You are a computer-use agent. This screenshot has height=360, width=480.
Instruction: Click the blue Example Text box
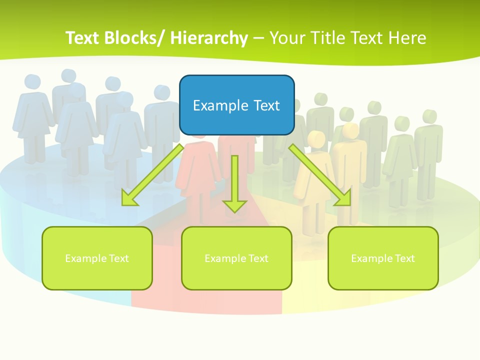[236, 105]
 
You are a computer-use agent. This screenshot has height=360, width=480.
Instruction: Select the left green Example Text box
[97, 258]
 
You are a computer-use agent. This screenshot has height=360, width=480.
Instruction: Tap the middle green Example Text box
[236, 258]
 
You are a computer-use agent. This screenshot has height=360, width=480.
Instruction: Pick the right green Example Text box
[383, 258]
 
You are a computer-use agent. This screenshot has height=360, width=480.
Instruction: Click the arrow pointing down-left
[152, 175]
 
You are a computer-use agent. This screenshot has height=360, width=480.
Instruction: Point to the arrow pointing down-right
[320, 175]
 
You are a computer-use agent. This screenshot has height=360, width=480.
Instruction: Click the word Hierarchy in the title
[208, 38]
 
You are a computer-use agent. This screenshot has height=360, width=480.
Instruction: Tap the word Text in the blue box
[266, 105]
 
